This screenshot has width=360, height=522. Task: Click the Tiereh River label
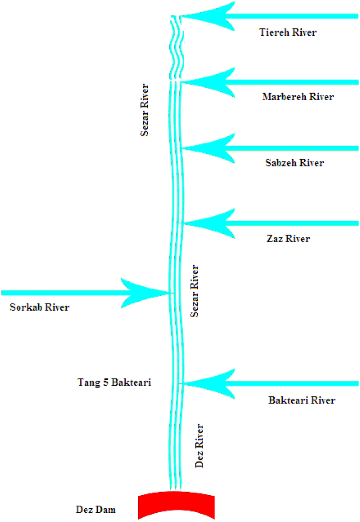288,32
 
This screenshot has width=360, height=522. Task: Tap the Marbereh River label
298,97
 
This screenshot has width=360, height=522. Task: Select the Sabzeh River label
295,163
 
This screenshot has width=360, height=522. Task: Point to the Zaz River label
288,239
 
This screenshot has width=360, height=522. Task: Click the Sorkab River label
40,307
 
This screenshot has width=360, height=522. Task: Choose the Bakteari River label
302,400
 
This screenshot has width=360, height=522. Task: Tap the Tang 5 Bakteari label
114,382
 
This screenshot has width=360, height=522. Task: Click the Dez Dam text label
96,509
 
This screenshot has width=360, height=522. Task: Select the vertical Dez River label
200,446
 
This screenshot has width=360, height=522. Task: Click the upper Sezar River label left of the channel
145,110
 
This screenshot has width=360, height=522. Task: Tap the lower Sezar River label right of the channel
195,291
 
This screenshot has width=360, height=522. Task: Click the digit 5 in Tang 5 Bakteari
106,382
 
